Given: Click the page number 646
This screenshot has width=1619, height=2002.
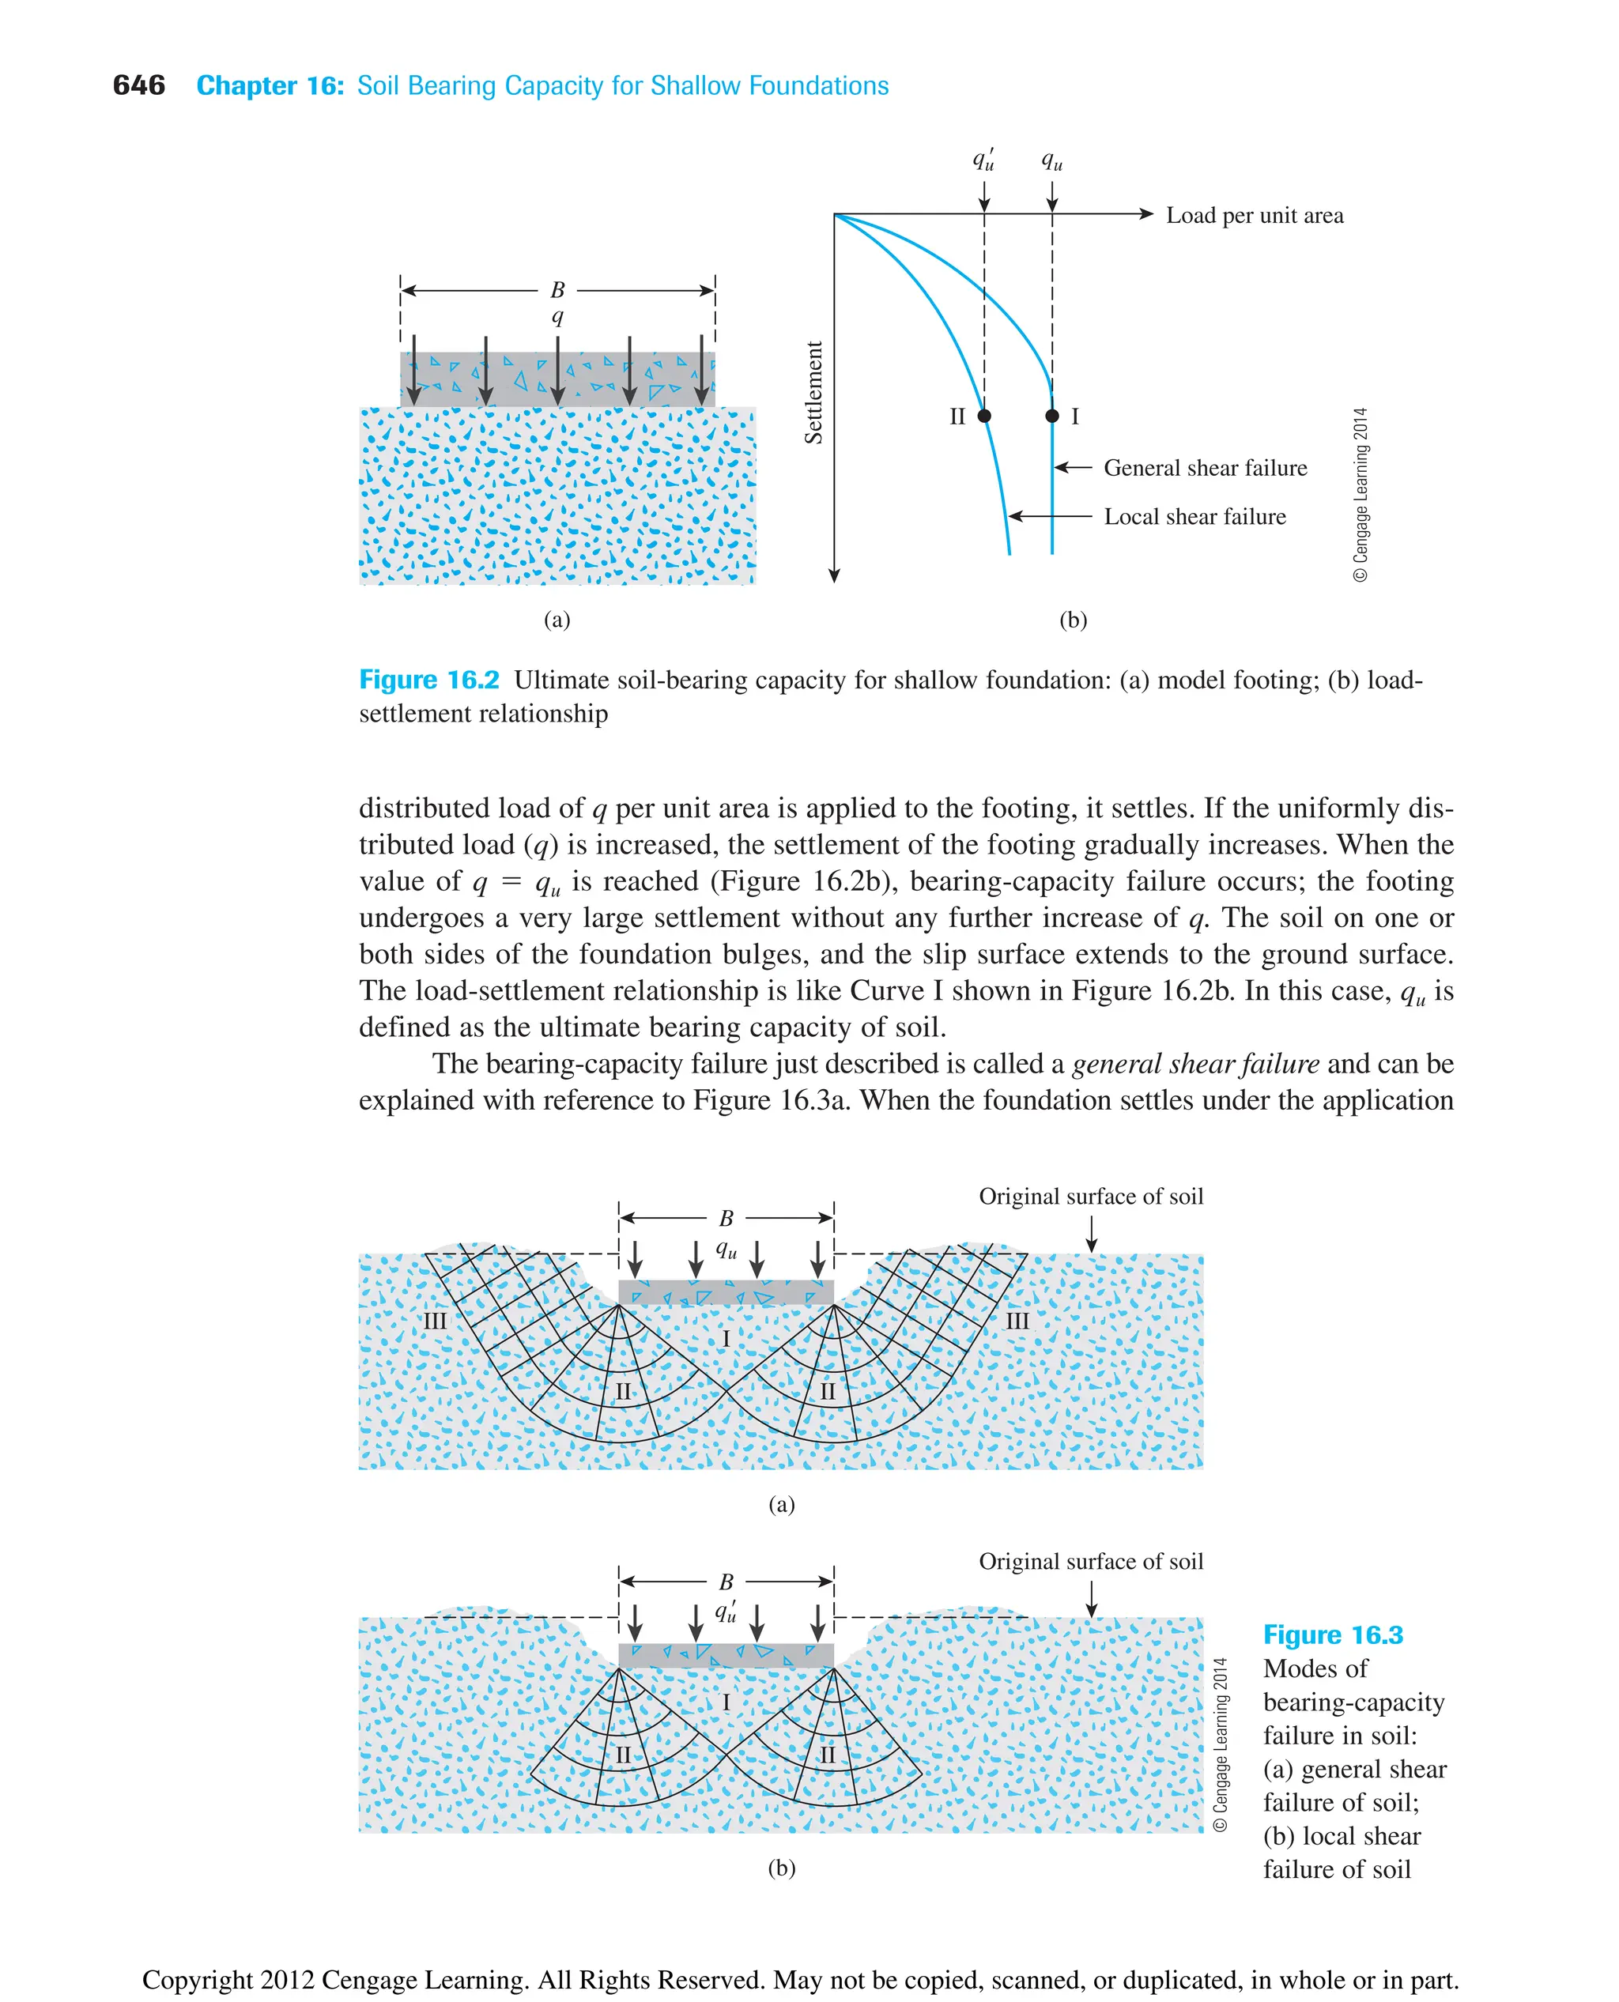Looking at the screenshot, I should tap(138, 86).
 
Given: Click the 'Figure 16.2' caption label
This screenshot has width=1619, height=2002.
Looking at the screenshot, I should tap(429, 680).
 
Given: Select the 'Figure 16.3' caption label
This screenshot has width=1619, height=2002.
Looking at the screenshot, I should tap(1332, 1634).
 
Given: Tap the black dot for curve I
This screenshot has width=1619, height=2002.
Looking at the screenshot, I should tap(1052, 416).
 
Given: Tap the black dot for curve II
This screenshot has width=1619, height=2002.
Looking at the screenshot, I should tap(984, 416).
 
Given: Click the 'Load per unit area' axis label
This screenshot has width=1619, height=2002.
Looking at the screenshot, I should tap(1255, 216).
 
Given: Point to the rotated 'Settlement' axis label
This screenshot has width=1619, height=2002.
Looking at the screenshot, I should tap(814, 393).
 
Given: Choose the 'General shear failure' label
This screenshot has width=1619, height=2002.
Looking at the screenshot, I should tap(1205, 468).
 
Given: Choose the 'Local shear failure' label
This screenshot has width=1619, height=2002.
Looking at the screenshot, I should tap(1194, 517).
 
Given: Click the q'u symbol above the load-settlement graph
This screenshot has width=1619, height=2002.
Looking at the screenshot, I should tap(983, 160).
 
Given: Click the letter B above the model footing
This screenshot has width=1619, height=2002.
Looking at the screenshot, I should tap(557, 290).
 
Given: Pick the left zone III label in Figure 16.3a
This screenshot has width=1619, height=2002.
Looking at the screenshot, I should tap(436, 1321).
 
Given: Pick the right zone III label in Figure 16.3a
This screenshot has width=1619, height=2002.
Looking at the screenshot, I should tap(1017, 1321).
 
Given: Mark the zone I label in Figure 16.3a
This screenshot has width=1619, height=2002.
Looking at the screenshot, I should tap(726, 1339).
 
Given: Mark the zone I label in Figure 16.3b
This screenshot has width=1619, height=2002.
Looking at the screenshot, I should tap(726, 1702).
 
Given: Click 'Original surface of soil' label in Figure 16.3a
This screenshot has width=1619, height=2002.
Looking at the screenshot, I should tap(1090, 1197).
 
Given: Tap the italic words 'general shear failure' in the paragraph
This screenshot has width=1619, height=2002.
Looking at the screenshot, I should tap(1194, 1064).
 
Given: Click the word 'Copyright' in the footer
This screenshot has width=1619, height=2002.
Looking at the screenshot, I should tap(197, 1980).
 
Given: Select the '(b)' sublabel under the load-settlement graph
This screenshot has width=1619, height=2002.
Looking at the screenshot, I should tap(1073, 620).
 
